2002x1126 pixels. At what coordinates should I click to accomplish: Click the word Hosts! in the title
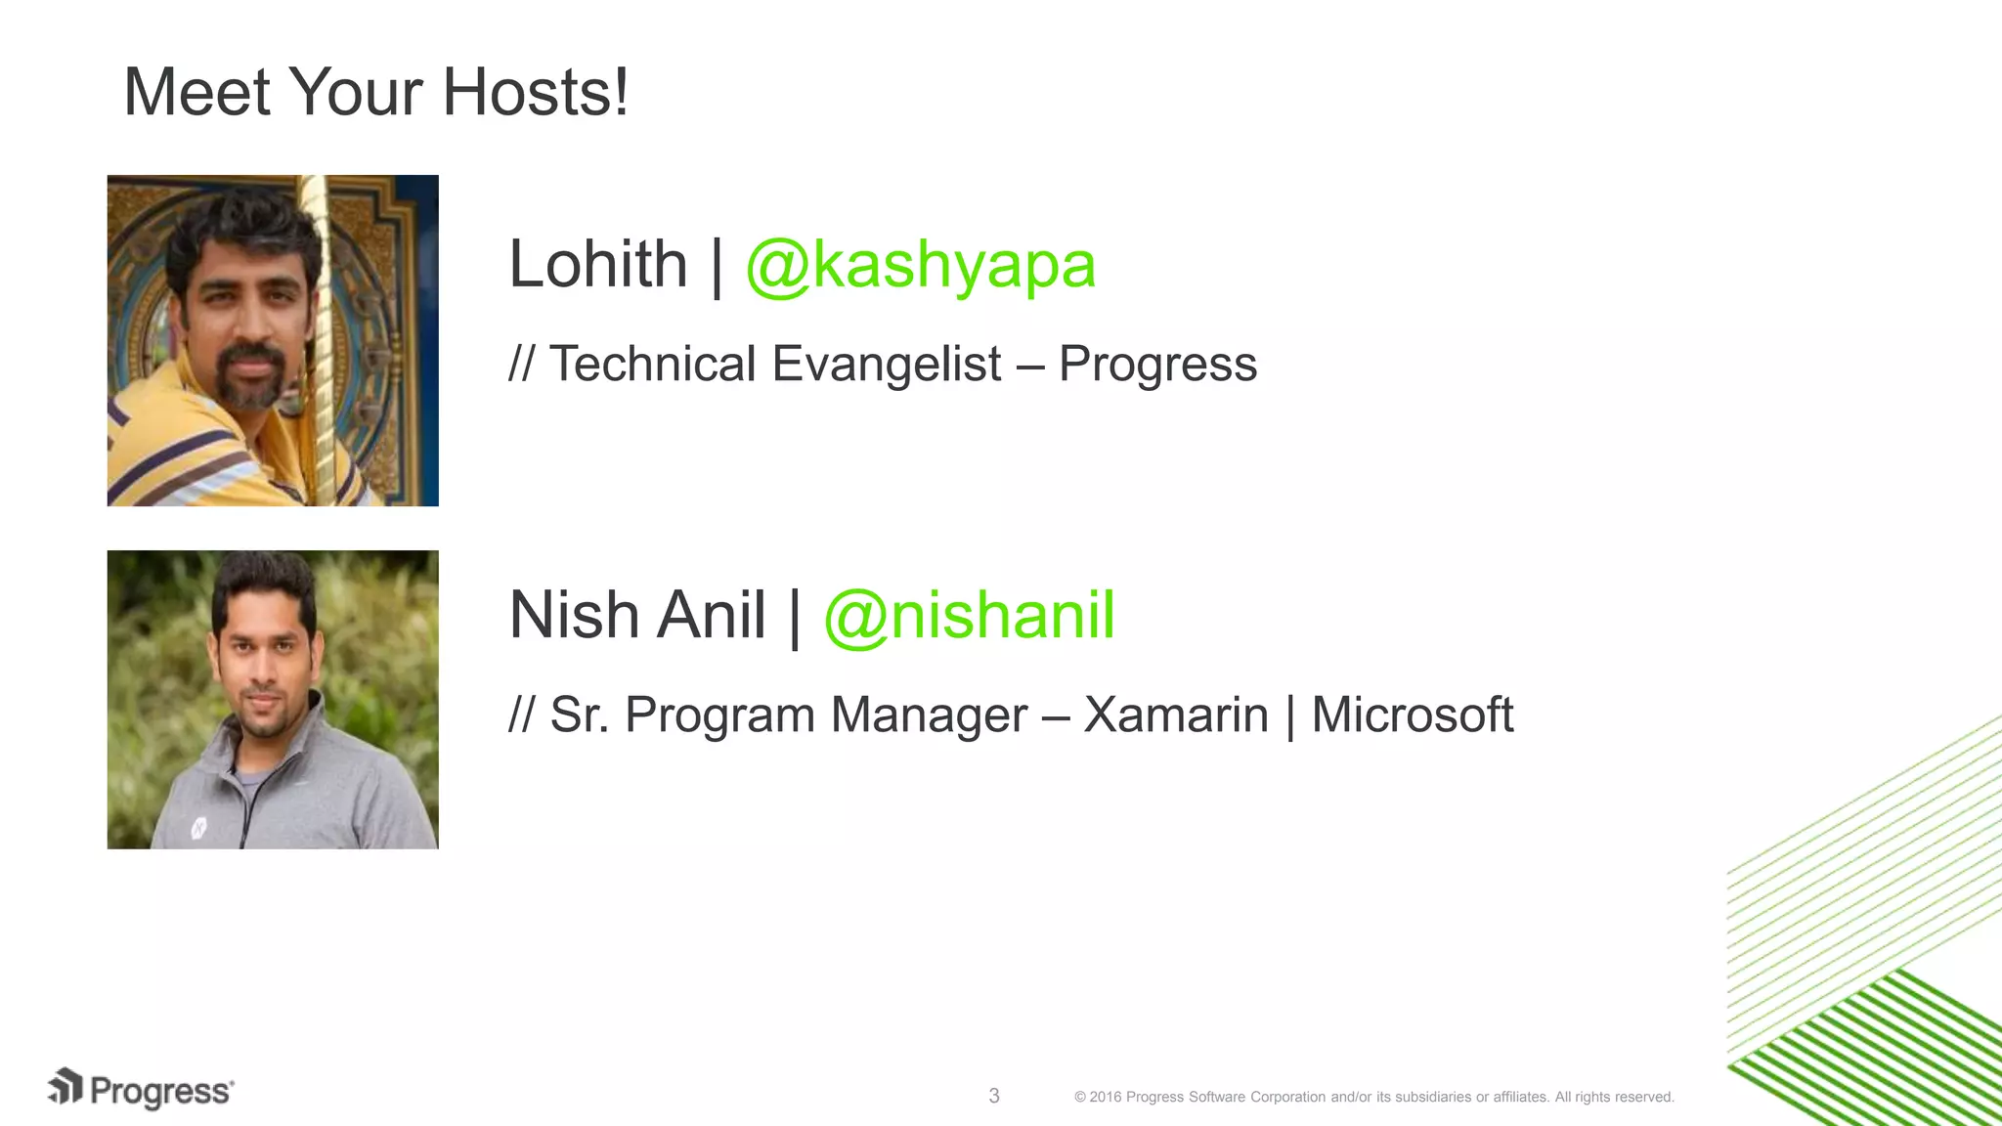[535, 93]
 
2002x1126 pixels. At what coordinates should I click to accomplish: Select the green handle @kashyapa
[920, 266]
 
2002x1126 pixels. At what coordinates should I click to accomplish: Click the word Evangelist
[886, 365]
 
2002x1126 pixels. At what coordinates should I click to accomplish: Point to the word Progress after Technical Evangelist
[1157, 365]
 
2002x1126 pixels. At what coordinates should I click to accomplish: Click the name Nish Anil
[637, 616]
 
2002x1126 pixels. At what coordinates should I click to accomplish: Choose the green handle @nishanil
[969, 616]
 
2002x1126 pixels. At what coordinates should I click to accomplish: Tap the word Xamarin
[1176, 715]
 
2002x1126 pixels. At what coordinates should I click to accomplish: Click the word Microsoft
[1412, 715]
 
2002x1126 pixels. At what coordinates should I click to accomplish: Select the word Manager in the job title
[929, 715]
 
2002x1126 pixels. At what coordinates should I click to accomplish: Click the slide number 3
[994, 1096]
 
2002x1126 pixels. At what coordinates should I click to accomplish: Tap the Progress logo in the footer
[142, 1090]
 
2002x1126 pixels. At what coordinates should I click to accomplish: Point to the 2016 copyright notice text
[1373, 1097]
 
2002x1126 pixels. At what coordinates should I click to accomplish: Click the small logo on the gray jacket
[198, 828]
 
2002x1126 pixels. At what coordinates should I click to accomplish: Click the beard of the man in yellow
[250, 386]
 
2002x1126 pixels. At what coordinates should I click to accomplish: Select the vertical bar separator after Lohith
[717, 266]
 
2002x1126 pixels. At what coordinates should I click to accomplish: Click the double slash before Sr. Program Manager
[521, 715]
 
